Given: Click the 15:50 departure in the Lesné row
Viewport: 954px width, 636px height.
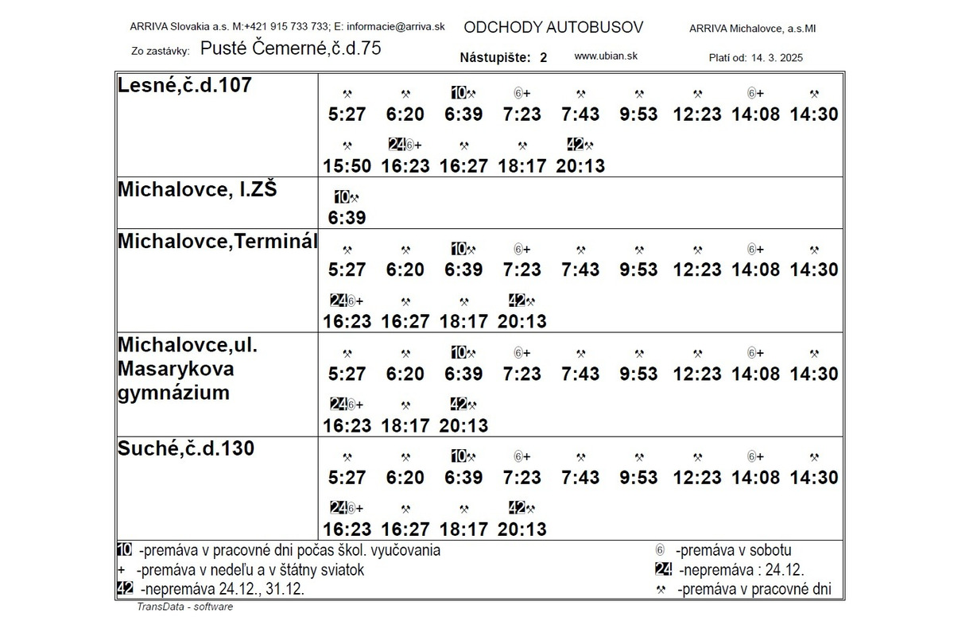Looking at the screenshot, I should pyautogui.click(x=347, y=166).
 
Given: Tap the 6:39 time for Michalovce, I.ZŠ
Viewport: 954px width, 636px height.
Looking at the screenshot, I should pyautogui.click(x=347, y=218).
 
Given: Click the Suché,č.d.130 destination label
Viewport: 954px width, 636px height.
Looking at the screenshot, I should pyautogui.click(x=186, y=448).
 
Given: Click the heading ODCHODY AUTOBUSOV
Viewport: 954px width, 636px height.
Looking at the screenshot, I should pyautogui.click(x=553, y=28).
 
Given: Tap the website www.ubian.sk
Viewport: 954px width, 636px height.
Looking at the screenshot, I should pyautogui.click(x=606, y=56).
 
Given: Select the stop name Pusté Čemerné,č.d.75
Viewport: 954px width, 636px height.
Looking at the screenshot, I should pyautogui.click(x=290, y=48).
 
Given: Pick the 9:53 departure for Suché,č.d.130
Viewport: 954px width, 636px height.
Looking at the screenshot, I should pyautogui.click(x=638, y=478).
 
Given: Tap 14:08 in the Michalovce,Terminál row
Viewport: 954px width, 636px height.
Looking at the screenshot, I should pyautogui.click(x=755, y=270).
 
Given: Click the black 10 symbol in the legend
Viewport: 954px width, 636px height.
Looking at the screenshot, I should pyautogui.click(x=124, y=549).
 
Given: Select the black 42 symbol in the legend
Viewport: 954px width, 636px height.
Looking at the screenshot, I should pyautogui.click(x=124, y=588).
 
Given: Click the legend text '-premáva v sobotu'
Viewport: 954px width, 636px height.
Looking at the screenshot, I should pyautogui.click(x=733, y=550).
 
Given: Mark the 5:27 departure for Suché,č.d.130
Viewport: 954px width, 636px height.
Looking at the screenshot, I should pyautogui.click(x=347, y=478).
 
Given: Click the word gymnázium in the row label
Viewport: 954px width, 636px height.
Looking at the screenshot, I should pyautogui.click(x=173, y=392).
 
